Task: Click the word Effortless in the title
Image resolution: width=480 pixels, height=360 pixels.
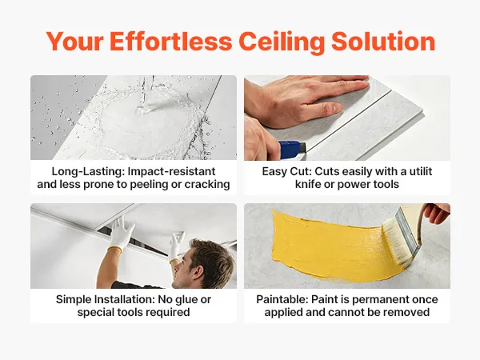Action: (x=171, y=42)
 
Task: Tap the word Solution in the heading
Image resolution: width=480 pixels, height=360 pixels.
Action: (x=383, y=42)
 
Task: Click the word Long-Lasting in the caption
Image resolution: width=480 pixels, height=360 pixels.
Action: (x=88, y=172)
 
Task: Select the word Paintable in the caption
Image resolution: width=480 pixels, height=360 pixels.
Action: (x=282, y=299)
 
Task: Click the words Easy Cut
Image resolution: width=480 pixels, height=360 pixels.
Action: (x=286, y=171)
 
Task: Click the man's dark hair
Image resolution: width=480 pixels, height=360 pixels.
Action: (x=211, y=260)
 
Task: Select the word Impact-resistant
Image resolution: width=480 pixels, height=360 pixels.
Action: (x=171, y=172)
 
